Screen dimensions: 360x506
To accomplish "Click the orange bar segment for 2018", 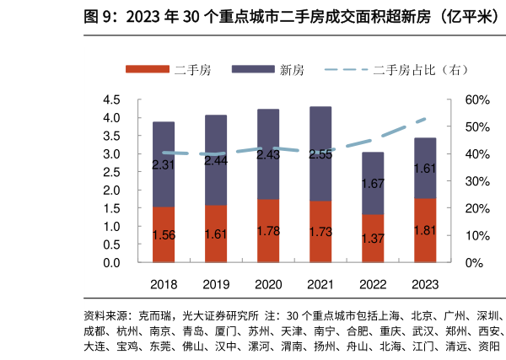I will pos(164,234).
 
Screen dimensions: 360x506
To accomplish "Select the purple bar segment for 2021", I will pos(320,153).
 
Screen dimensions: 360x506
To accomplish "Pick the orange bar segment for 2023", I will pos(425,230).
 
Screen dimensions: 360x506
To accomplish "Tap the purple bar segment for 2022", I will pos(373,183).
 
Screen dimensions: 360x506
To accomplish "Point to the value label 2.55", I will pos(320,154).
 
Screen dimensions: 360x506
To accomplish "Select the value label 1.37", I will pos(373,239).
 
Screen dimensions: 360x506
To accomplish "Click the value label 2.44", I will pos(216,159).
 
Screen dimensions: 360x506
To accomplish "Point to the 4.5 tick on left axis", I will pos(111,100).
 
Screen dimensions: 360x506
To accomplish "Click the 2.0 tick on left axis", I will pos(111,191).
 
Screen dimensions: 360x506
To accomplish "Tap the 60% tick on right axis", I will pos(477,100).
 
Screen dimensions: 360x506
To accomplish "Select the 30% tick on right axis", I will pos(477,181).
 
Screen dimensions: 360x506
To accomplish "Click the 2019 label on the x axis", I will pos(216,285).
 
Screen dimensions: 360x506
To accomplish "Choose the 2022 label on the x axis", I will pos(373,285).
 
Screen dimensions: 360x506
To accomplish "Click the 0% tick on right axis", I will pos(474,263).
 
